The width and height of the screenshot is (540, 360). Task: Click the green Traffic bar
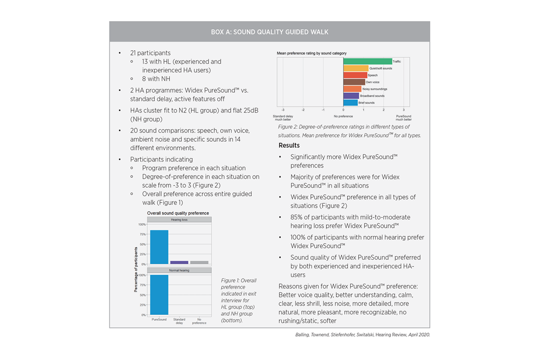coord(367,61)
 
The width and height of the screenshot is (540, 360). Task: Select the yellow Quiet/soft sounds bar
coord(355,68)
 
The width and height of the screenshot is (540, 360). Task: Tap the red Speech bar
coord(355,75)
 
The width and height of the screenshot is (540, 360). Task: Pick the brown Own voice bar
coord(354,82)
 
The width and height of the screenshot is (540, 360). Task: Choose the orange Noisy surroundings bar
coord(352,89)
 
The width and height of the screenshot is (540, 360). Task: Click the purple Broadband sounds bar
coord(351,96)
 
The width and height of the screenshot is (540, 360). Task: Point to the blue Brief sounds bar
coord(350,102)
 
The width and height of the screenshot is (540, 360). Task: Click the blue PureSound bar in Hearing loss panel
coord(159,247)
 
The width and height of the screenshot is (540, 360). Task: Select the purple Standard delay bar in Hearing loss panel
coord(179,262)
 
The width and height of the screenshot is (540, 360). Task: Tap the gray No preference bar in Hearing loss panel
coord(199,262)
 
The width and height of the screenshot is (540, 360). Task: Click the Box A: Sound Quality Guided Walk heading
coord(270,32)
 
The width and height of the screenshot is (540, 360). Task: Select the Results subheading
coord(289,145)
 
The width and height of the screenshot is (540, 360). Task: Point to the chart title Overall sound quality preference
coord(178,213)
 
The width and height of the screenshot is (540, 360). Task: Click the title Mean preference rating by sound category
coord(312,54)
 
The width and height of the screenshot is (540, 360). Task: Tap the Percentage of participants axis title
coord(136,270)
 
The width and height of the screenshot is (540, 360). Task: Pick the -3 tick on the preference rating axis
coord(282,110)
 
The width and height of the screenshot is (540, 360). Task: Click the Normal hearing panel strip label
coord(179,270)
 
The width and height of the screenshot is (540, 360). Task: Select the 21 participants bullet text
coord(150,53)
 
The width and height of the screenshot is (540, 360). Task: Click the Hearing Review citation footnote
coord(362,335)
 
